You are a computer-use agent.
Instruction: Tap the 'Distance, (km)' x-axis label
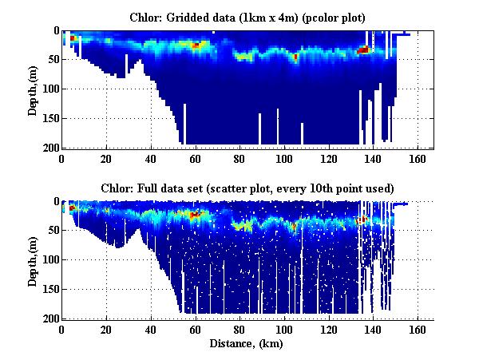247,344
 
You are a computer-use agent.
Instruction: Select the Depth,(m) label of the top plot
33,90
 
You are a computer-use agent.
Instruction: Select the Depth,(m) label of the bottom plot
33,260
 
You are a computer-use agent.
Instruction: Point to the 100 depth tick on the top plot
49,89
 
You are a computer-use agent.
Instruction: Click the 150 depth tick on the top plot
49,119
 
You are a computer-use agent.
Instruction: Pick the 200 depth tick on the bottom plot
49,318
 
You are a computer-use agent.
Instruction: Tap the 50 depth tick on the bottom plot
52,231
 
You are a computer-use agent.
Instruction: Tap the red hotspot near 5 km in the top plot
73,38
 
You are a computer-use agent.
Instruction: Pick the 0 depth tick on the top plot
54,31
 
